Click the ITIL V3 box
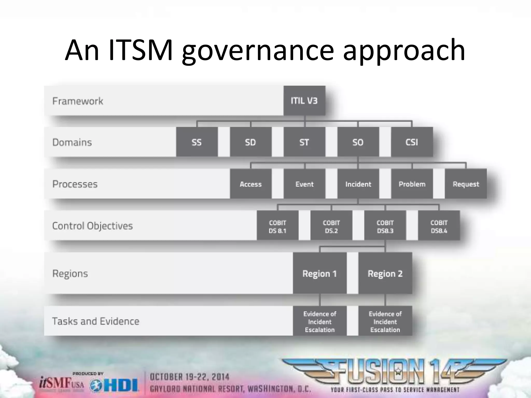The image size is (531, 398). [304, 101]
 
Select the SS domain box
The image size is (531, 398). [197, 142]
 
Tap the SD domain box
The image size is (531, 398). [250, 142]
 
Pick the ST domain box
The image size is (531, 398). [304, 142]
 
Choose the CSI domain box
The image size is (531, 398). [412, 142]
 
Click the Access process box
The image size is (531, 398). [250, 184]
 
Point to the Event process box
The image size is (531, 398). [304, 184]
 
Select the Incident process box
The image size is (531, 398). [358, 184]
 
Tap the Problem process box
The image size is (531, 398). [412, 184]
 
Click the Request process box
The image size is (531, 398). [466, 184]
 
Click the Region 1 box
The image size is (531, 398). [319, 273]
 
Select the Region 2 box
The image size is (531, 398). [385, 273]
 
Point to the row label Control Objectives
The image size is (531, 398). [92, 226]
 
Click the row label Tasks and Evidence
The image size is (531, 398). [96, 321]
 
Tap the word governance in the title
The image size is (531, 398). [258, 51]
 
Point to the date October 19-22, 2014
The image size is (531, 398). [190, 377]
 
